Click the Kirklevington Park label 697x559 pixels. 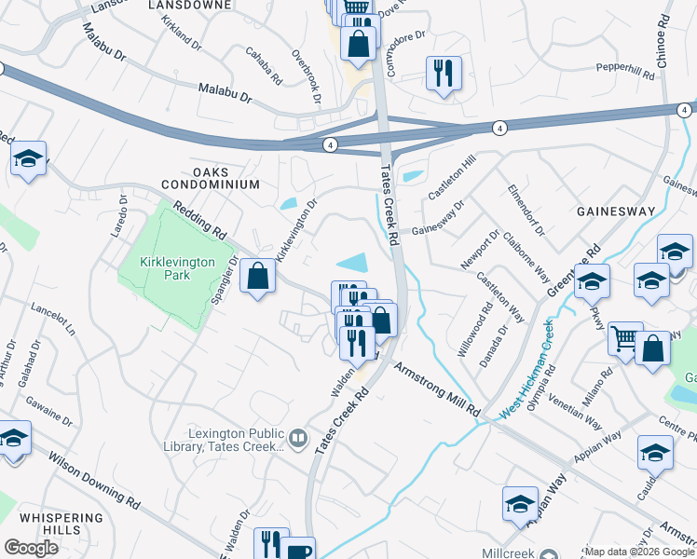pos(164,268)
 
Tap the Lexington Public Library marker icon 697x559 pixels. pos(298,436)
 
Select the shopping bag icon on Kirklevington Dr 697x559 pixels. pos(258,277)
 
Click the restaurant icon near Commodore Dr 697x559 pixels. pos(444,73)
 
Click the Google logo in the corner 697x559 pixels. pos(31,548)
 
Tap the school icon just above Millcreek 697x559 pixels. pos(520,503)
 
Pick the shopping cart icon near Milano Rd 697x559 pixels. pos(625,339)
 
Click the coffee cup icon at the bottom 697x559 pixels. pos(298,551)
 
